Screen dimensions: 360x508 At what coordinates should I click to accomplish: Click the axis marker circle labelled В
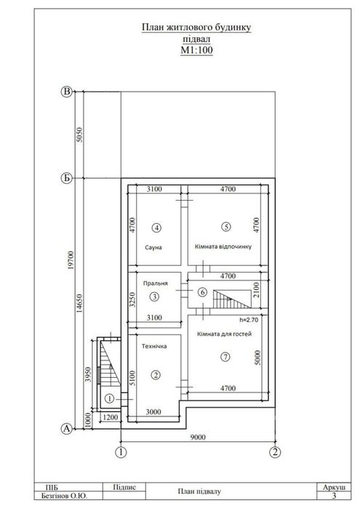66,92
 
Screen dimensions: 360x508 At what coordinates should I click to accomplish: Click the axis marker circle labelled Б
66,178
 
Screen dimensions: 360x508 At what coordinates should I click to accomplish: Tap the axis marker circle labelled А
66,429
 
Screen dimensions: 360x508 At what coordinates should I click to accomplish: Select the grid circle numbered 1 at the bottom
121,452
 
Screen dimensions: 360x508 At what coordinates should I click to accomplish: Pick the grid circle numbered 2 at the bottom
275,452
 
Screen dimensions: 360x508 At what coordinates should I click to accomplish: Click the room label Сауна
153,248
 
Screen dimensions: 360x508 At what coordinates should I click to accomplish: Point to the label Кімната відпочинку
223,246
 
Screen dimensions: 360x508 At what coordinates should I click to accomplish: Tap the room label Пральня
156,283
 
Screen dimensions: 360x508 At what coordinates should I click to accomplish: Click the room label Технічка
154,347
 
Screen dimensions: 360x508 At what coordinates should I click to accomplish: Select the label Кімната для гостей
225,334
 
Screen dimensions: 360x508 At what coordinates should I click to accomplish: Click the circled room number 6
202,293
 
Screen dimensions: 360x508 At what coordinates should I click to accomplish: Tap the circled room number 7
225,357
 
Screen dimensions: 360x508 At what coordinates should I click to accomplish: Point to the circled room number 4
156,228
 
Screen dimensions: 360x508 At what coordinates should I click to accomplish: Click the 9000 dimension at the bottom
198,438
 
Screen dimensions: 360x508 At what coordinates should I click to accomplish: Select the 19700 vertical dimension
72,260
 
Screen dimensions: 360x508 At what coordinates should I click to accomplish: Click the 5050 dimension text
79,134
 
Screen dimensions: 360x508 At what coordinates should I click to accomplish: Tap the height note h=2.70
249,320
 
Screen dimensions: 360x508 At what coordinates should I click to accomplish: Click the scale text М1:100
196,50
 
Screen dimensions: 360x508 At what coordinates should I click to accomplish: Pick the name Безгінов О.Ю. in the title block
64,496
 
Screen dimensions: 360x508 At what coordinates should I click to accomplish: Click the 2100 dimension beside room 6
256,290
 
